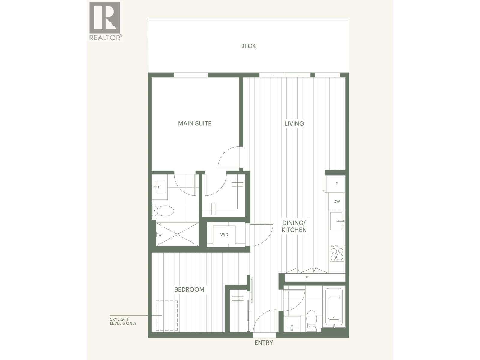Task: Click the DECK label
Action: [248, 46]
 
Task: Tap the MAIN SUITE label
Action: [195, 123]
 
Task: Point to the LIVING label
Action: [294, 123]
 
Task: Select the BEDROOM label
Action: [189, 289]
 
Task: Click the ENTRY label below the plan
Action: [264, 343]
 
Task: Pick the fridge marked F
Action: [336, 184]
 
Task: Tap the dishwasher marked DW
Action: [337, 202]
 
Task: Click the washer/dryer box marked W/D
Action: [224, 235]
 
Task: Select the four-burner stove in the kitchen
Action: [337, 253]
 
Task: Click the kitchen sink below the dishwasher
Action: [336, 221]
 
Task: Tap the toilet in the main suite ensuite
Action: [163, 211]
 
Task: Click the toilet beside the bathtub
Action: [312, 321]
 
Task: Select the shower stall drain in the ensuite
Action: [177, 234]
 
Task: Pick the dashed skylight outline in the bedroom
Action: [167, 316]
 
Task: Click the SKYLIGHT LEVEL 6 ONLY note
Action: [123, 321]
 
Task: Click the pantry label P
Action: [307, 278]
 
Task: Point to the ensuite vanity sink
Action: [159, 187]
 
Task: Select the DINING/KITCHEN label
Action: [294, 226]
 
